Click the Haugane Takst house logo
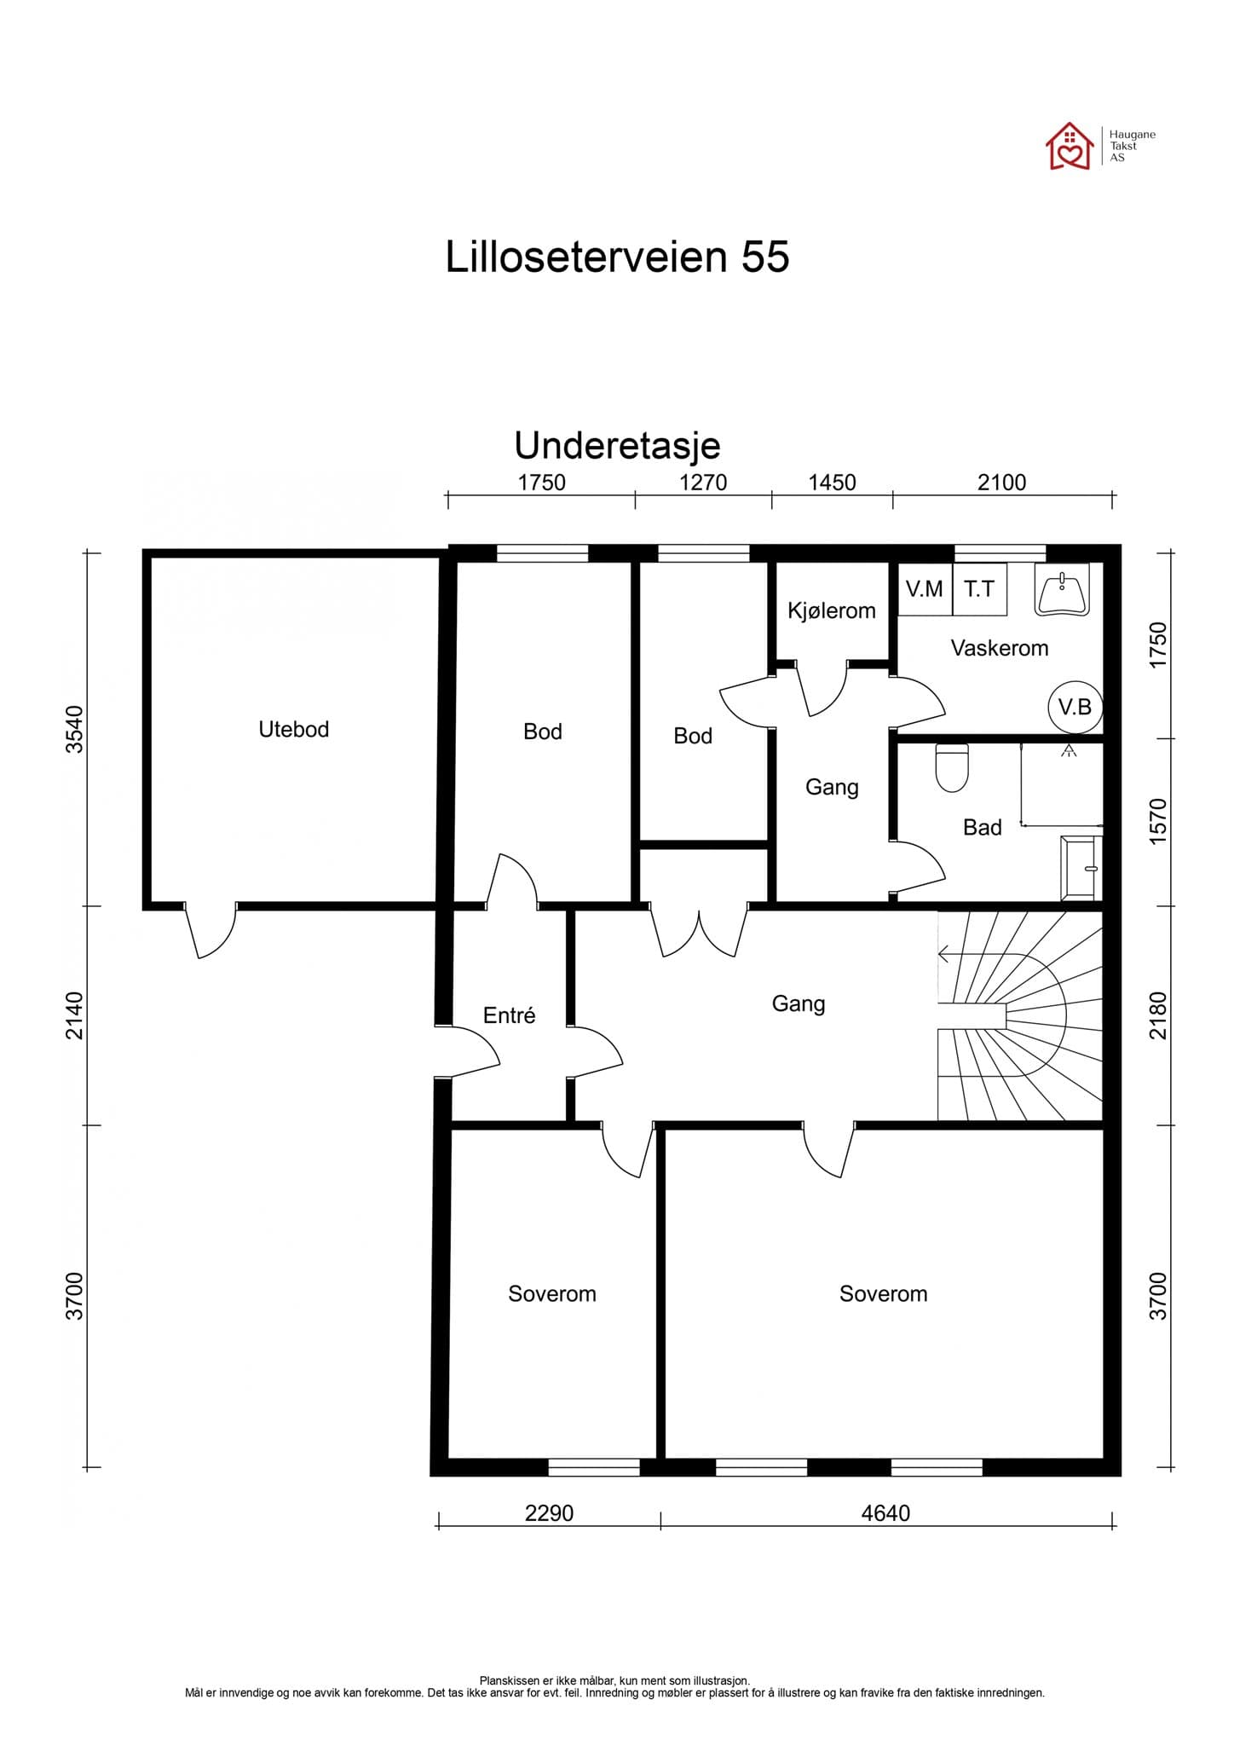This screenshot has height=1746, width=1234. click(x=1070, y=146)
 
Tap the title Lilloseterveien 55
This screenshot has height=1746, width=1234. click(x=617, y=257)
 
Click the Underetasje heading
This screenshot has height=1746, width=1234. click(x=617, y=445)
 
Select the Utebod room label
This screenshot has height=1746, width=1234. click(x=294, y=729)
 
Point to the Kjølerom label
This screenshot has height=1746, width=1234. click(x=832, y=610)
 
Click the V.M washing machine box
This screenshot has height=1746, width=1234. click(x=925, y=588)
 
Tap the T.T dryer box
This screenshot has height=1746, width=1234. click(x=980, y=588)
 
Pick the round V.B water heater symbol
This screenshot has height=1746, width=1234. click(x=1075, y=707)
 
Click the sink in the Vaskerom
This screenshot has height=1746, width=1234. click(x=1062, y=588)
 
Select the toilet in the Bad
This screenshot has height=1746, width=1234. click(x=952, y=767)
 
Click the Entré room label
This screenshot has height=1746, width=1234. click(x=509, y=1015)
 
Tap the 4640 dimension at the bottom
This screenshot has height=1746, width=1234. click(x=885, y=1513)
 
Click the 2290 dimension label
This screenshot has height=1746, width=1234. click(x=549, y=1513)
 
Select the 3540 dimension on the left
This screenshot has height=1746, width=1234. click(x=76, y=729)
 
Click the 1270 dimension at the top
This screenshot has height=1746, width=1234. click(x=703, y=483)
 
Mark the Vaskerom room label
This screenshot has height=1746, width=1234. click(x=1000, y=648)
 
